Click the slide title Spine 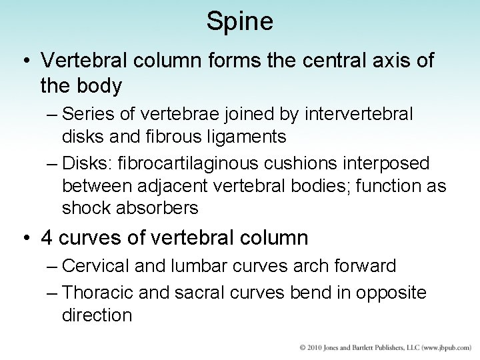tap(239, 21)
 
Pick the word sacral tap(198, 291)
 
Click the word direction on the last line tap(97, 314)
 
